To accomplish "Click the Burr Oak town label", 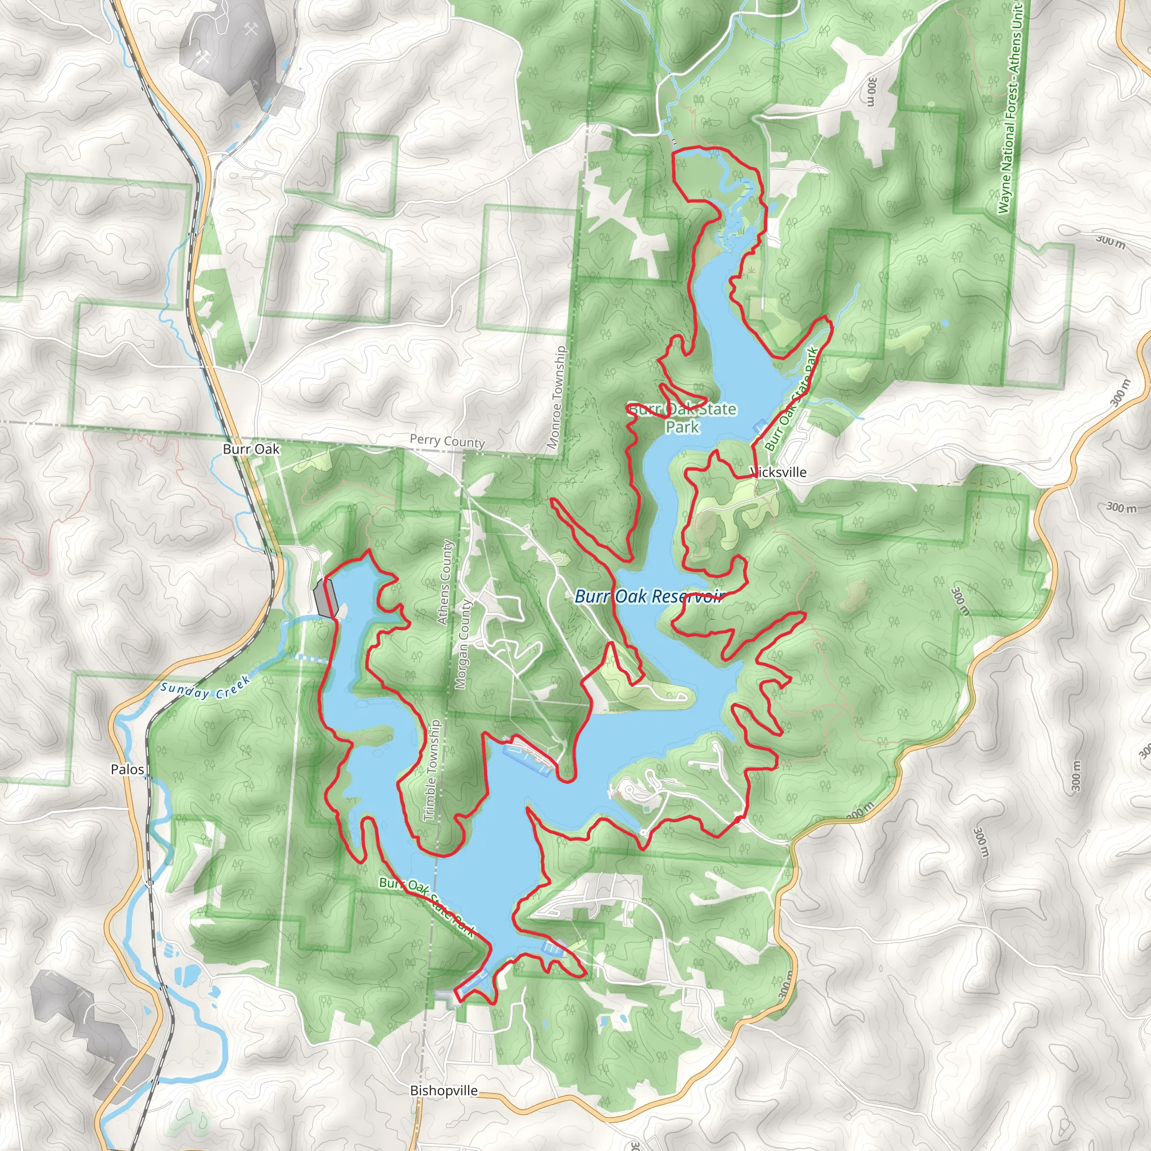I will coord(251,449).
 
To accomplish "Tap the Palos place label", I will coord(128,769).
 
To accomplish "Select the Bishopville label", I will coord(444,1090).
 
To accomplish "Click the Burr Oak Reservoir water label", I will coord(649,596).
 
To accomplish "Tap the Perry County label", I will coord(447,441).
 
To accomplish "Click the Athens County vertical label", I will coord(445,582).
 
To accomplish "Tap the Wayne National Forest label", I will coord(1009,107).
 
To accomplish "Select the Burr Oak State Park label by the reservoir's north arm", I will coord(683,418).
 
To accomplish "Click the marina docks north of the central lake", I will coord(528,755).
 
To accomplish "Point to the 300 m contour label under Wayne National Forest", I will coord(872,90).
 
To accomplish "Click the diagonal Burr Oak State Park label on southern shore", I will coord(427,906).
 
